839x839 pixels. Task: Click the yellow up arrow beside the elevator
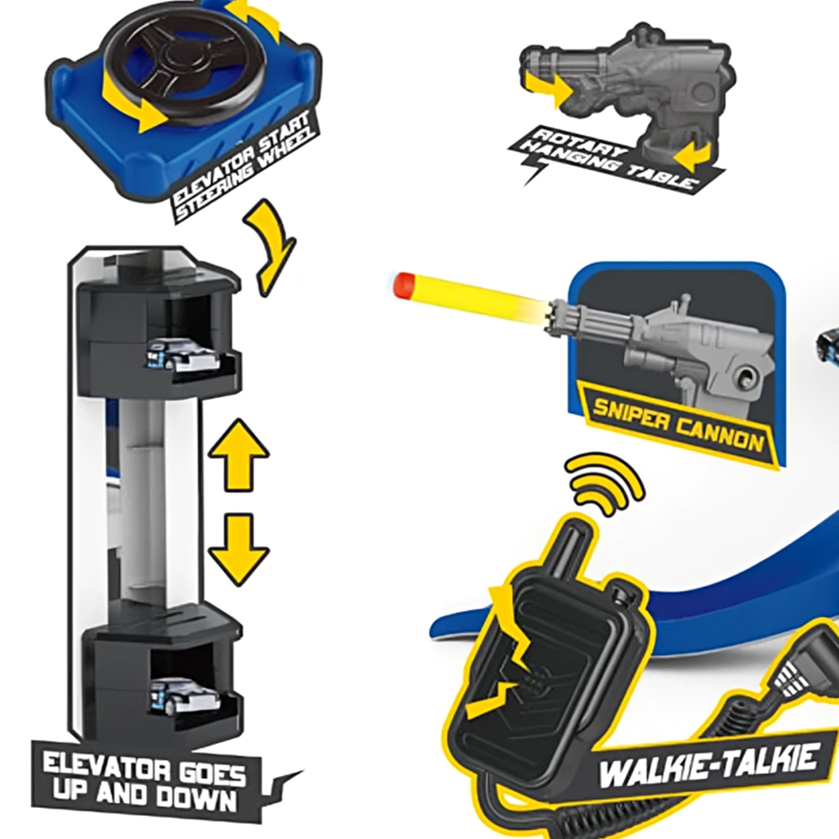[x=238, y=456]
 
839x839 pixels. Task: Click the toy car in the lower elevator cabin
[x=185, y=696]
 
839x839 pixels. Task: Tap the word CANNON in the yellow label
[x=719, y=435]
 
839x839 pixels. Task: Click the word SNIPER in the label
[x=632, y=415]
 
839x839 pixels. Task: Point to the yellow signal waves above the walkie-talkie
[x=606, y=484]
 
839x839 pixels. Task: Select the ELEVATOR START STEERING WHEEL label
[x=243, y=167]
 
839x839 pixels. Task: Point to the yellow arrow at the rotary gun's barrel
[x=547, y=89]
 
